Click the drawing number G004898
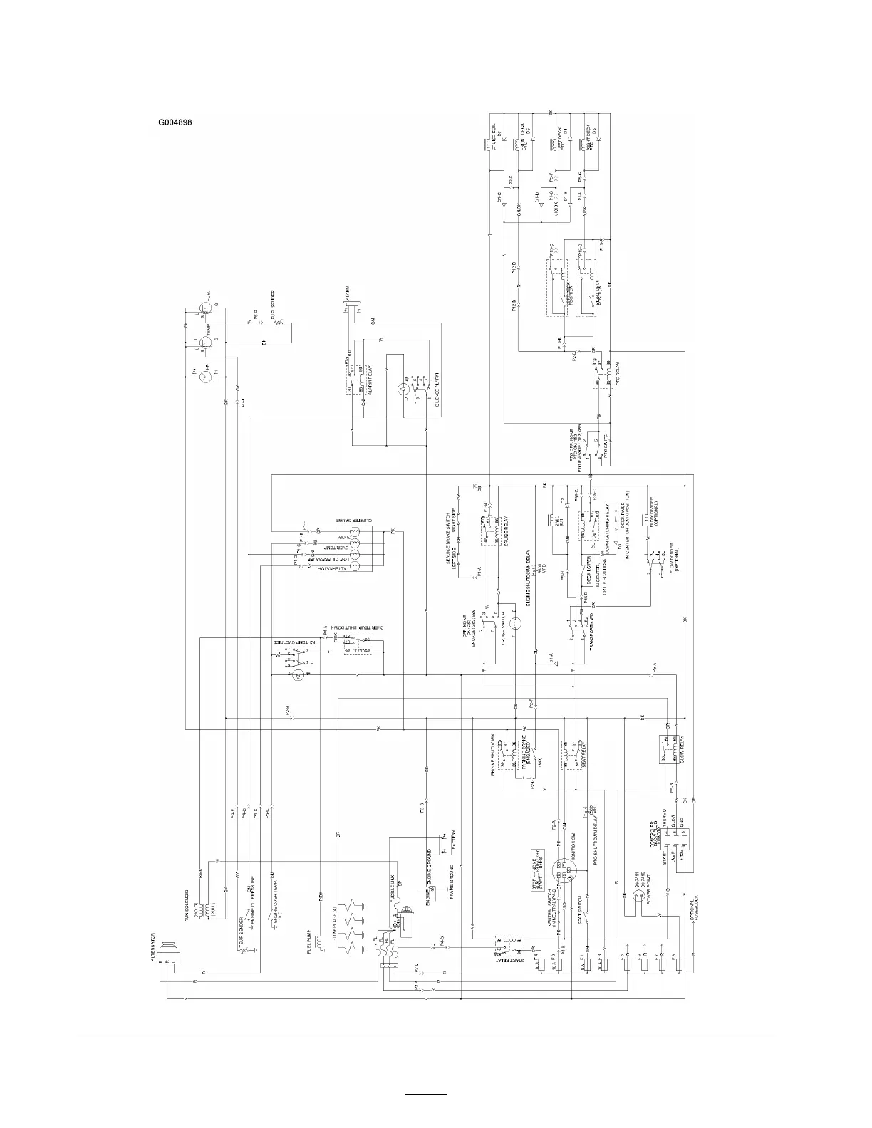(175, 122)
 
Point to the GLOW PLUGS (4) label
(335, 929)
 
